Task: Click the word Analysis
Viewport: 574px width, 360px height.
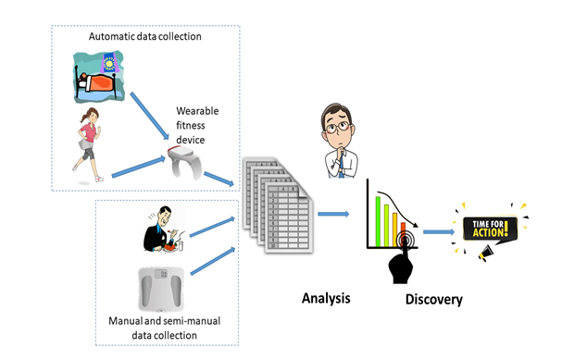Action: point(329,297)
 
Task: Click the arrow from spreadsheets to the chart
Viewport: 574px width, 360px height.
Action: point(332,215)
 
